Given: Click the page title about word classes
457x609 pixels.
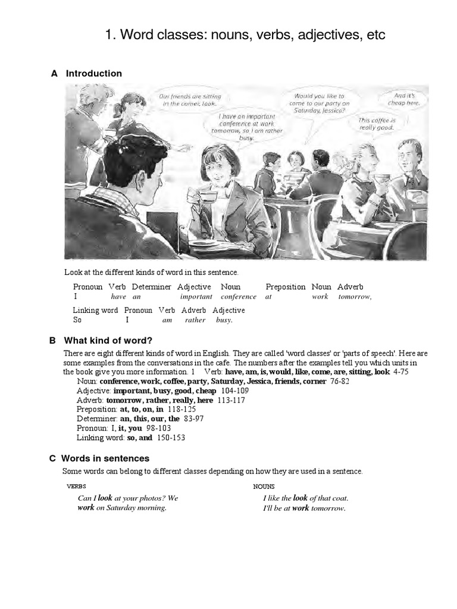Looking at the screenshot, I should pos(245,35).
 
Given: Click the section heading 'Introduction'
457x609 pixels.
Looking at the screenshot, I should pos(93,74).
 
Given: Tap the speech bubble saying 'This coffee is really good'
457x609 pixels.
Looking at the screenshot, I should pos(377,124).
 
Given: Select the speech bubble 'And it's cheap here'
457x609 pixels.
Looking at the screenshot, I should pos(407,99).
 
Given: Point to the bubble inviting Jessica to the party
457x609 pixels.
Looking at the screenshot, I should pos(320,103).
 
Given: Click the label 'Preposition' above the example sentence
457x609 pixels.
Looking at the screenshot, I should pos(286,287).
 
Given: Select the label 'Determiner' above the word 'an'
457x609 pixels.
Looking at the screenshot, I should pos(152,287).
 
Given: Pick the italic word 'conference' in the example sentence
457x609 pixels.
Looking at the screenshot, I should pos(238,297).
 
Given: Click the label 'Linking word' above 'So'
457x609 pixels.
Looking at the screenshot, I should pos(95,310).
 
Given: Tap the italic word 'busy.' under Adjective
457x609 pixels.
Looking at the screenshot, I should pos(224,320).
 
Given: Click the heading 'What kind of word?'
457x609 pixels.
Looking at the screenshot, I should pos(108,341).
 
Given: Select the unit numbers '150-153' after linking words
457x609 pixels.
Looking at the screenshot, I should pos(170,438).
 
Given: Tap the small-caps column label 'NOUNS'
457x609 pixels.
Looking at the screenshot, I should pos(264,486).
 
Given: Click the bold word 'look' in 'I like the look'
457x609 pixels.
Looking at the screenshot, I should pos(301,498).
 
